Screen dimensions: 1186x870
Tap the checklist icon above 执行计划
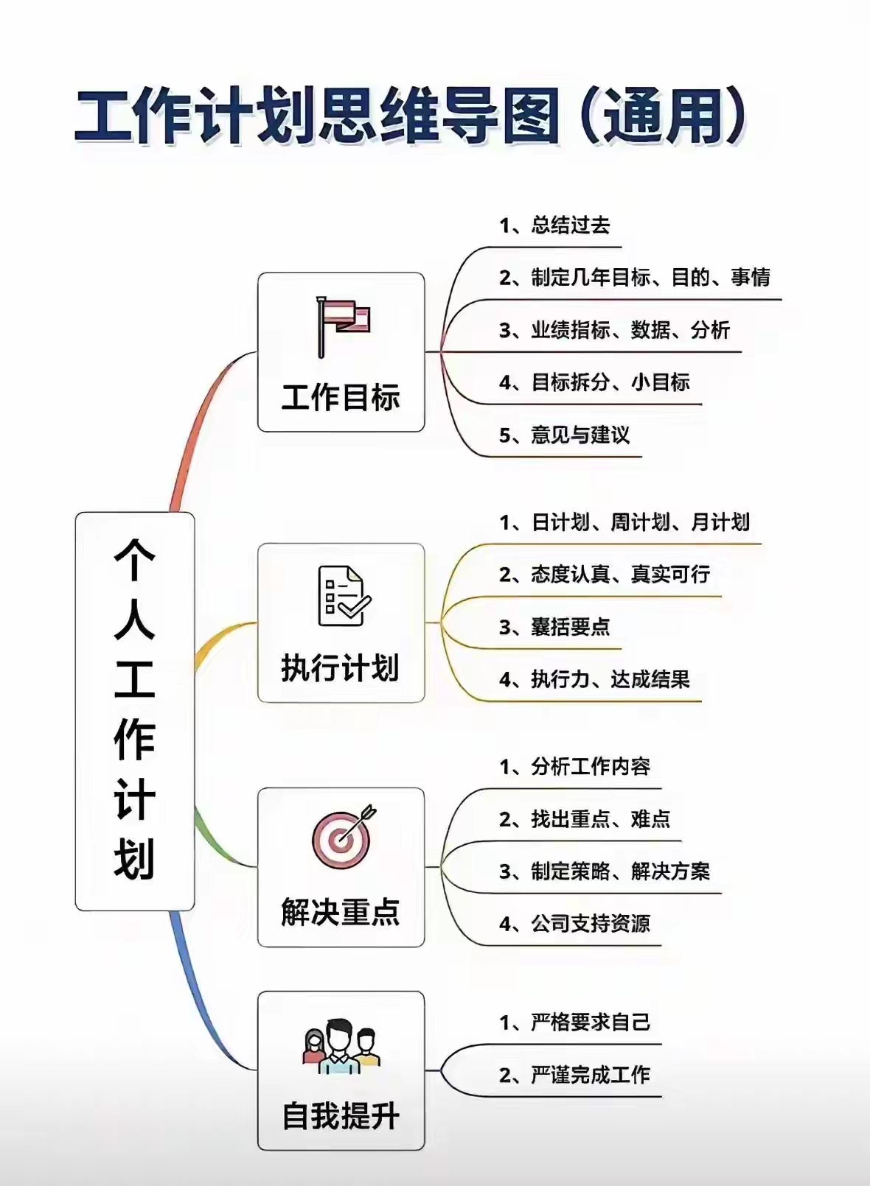click(343, 596)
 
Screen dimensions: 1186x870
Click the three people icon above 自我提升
click(341, 1045)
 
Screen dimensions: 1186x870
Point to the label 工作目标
click(341, 398)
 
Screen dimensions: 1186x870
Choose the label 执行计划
click(341, 668)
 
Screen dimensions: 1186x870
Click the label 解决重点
click(341, 912)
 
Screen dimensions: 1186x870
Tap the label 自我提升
click(341, 1116)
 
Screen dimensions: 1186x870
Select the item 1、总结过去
click(554, 225)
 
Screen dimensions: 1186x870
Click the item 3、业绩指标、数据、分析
click(614, 330)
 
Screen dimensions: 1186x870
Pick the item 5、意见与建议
click(565, 435)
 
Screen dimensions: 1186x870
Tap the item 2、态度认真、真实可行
click(605, 575)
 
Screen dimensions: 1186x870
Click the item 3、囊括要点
click(554, 627)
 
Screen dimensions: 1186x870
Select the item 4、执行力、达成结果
click(594, 679)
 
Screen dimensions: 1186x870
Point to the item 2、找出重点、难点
click(585, 819)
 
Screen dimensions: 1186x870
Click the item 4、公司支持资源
click(575, 924)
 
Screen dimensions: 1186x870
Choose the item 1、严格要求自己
click(575, 1022)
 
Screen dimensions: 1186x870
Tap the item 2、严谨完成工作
click(575, 1076)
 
